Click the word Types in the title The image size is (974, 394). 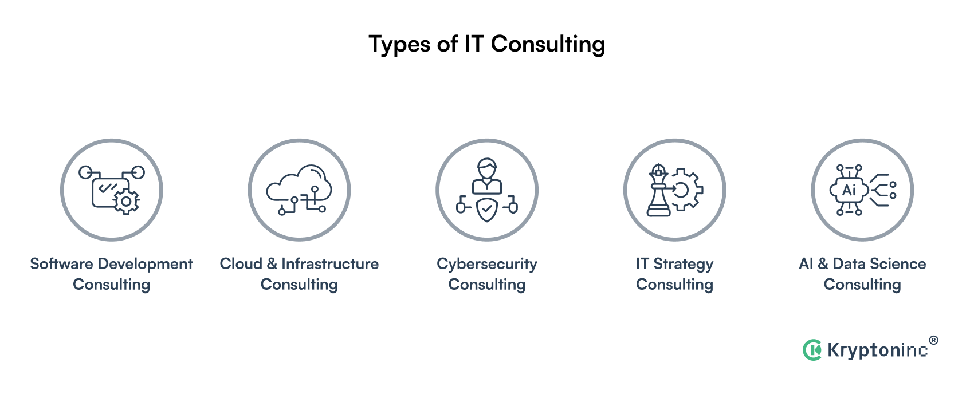click(399, 45)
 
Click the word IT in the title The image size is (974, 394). click(474, 44)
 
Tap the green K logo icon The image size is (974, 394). click(812, 350)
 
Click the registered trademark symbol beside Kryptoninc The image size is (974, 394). click(933, 341)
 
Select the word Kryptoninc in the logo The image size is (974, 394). click(877, 350)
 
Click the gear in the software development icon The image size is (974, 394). click(126, 202)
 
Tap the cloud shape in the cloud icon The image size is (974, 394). click(299, 184)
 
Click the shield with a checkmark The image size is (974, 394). click(487, 210)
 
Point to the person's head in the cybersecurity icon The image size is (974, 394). click(487, 168)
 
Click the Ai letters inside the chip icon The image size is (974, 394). click(849, 190)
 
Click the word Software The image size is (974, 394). click(61, 264)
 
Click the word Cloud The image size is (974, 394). click(241, 263)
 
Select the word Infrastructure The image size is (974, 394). click(330, 263)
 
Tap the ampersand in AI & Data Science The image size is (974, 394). click(823, 263)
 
